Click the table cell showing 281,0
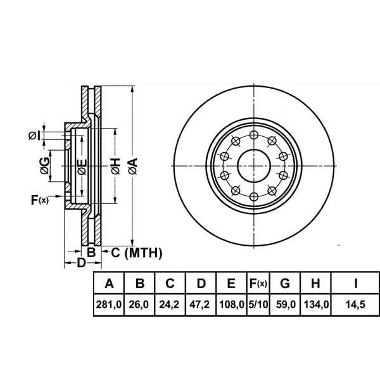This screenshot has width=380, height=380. tap(109, 304)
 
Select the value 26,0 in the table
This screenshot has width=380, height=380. tap(139, 304)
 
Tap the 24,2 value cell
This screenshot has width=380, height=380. tap(169, 304)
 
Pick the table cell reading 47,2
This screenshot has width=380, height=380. tap(199, 304)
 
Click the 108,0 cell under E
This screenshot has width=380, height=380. tap(231, 304)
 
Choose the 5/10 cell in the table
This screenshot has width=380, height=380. tap(258, 304)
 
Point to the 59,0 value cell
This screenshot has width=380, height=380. tap(286, 304)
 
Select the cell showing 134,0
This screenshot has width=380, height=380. tap(316, 304)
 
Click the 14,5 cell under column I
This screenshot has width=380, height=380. tap(355, 304)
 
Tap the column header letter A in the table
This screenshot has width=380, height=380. tap(110, 283)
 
